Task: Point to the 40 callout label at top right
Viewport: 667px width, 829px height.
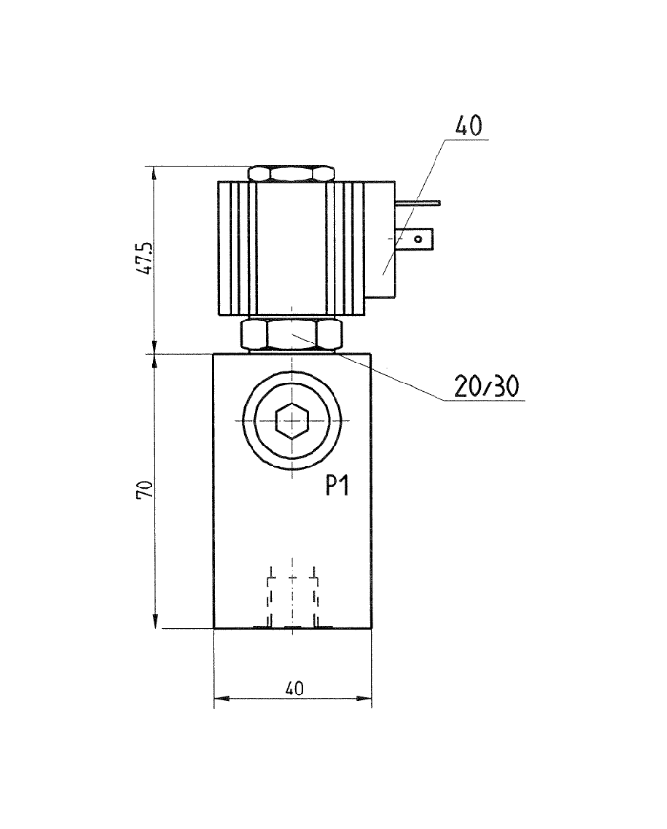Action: point(469,126)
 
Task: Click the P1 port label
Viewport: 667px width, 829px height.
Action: point(336,487)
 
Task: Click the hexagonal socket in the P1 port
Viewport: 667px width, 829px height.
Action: point(292,420)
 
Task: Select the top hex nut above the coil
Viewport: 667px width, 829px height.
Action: point(292,175)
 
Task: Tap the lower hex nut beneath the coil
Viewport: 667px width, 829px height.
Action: point(292,335)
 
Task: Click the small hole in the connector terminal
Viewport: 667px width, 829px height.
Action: point(416,238)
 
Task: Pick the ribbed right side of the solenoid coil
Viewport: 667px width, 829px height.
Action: point(348,249)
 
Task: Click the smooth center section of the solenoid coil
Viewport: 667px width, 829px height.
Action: point(292,249)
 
